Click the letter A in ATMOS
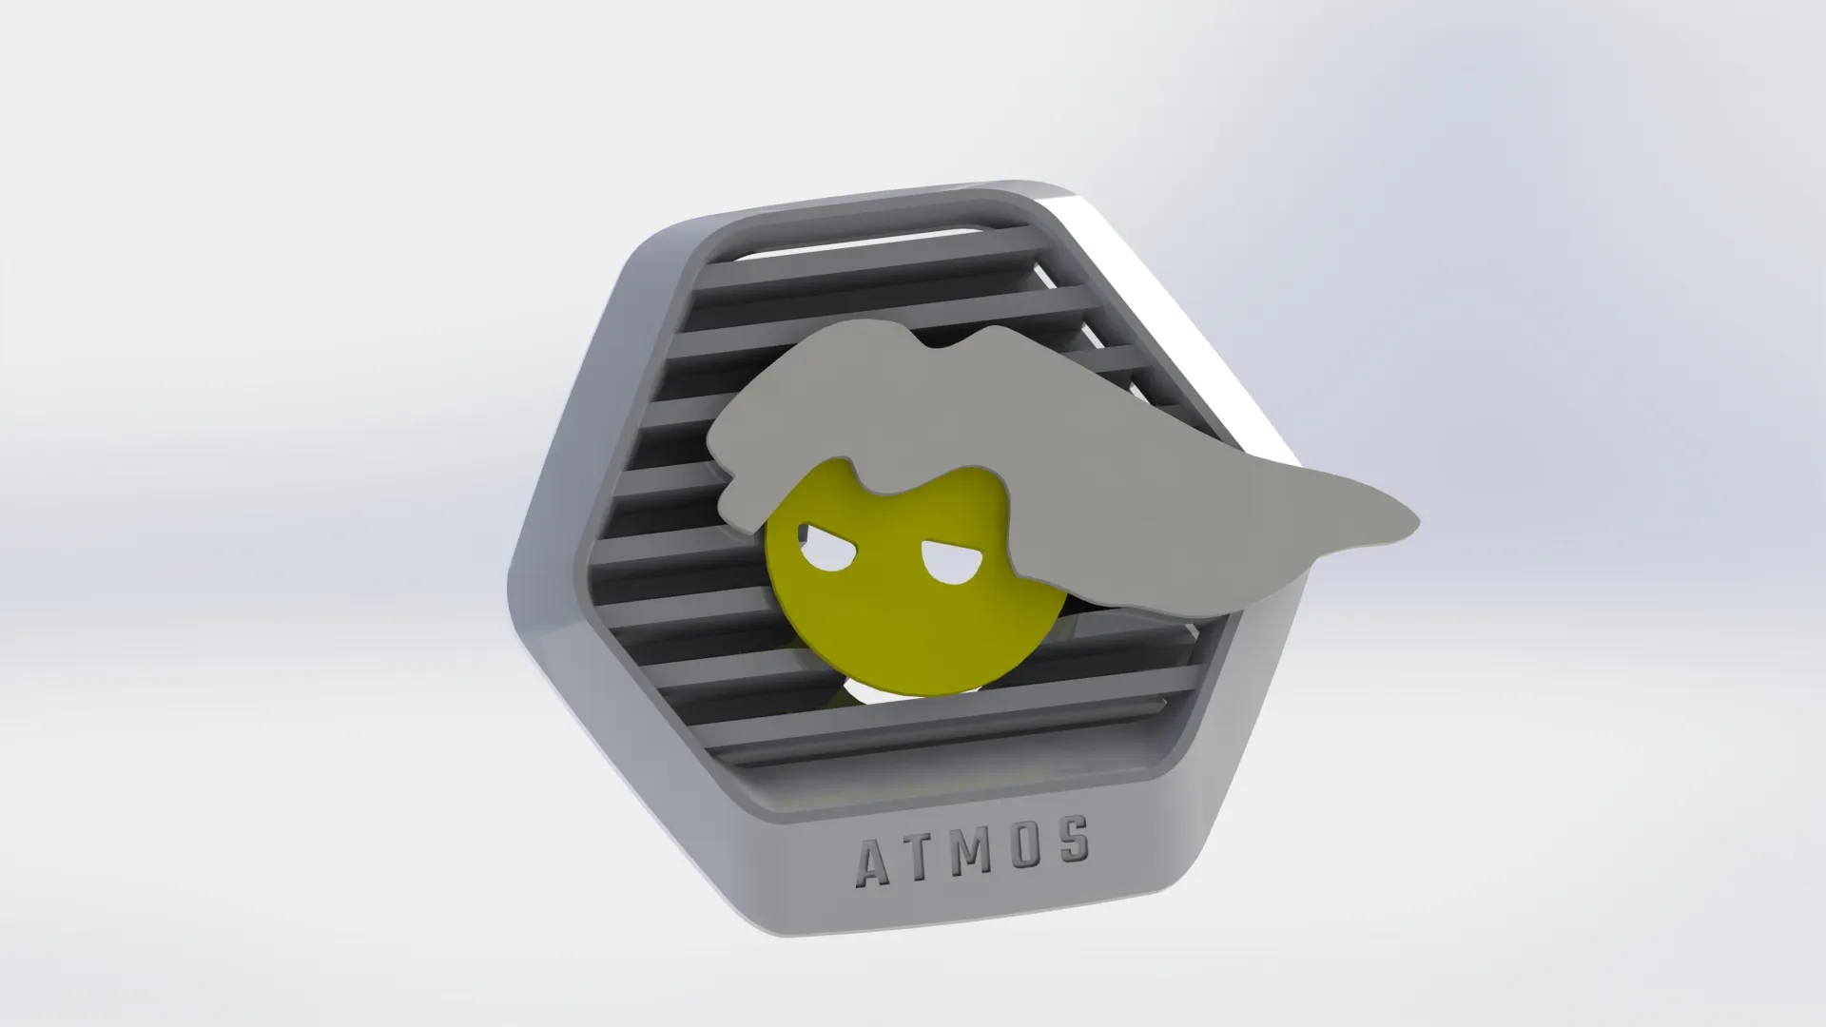click(874, 862)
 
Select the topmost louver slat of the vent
click(856, 238)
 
